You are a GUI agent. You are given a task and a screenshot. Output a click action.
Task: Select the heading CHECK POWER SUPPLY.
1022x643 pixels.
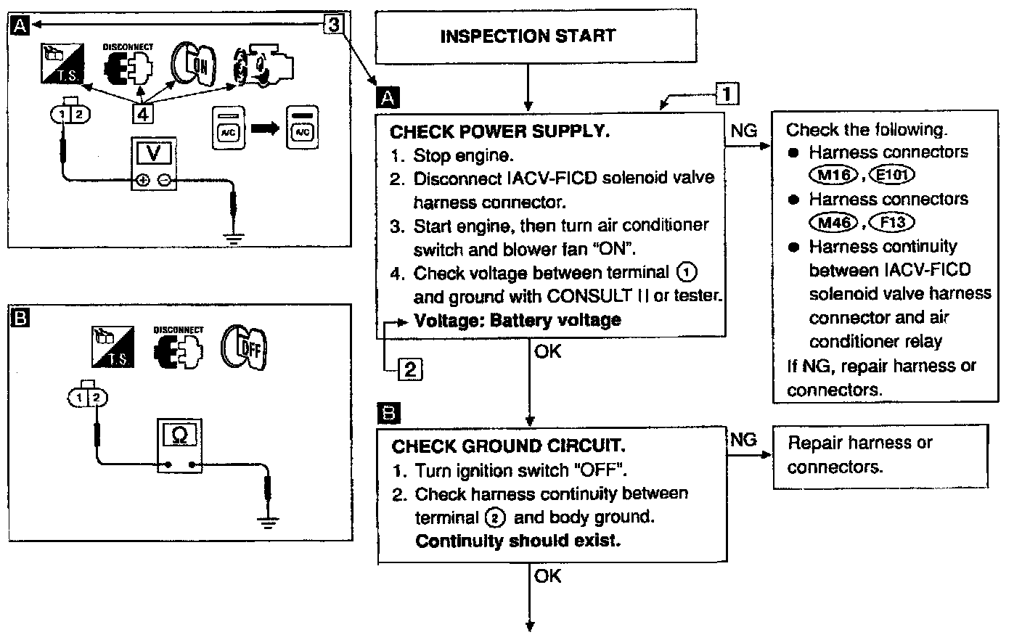tap(499, 131)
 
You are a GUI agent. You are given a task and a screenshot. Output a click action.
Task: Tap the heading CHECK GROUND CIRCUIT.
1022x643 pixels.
tap(508, 446)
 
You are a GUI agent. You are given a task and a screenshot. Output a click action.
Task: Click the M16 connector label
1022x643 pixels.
tap(832, 175)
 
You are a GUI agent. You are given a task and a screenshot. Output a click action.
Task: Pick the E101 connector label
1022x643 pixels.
tap(890, 175)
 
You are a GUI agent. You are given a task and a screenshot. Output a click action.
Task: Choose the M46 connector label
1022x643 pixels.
tap(833, 222)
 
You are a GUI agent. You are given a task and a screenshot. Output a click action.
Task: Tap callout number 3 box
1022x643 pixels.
tap(333, 25)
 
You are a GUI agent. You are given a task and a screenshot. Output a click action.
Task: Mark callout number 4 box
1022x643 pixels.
tap(143, 113)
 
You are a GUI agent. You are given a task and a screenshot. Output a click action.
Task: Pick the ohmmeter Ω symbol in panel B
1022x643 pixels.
tap(179, 435)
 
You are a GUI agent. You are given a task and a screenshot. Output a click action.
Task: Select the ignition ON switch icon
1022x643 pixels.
tap(193, 69)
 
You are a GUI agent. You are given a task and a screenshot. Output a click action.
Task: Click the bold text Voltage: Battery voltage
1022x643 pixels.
tap(517, 320)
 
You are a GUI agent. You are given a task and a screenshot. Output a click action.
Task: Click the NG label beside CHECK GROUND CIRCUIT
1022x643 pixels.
tap(743, 440)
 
